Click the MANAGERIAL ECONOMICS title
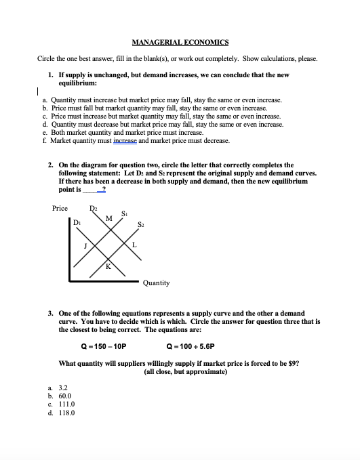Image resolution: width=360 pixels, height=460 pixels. pos(180,42)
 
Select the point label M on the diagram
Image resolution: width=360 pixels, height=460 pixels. pos(109,217)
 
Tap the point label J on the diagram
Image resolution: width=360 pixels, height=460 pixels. pos(85,246)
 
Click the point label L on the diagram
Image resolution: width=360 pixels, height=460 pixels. pos(135,245)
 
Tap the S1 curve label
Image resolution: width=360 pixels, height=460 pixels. pos(125,214)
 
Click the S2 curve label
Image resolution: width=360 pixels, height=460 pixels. pos(141,224)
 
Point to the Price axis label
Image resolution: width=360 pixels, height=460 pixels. pos(60,208)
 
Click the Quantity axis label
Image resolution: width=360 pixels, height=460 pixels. pos(156,283)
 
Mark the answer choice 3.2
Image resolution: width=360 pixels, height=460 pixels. pos(62,387)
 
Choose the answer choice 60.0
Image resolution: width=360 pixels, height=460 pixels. pos(65,395)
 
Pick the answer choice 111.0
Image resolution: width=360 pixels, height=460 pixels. pos(66,403)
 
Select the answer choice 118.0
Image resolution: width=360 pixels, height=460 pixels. pos(66,411)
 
